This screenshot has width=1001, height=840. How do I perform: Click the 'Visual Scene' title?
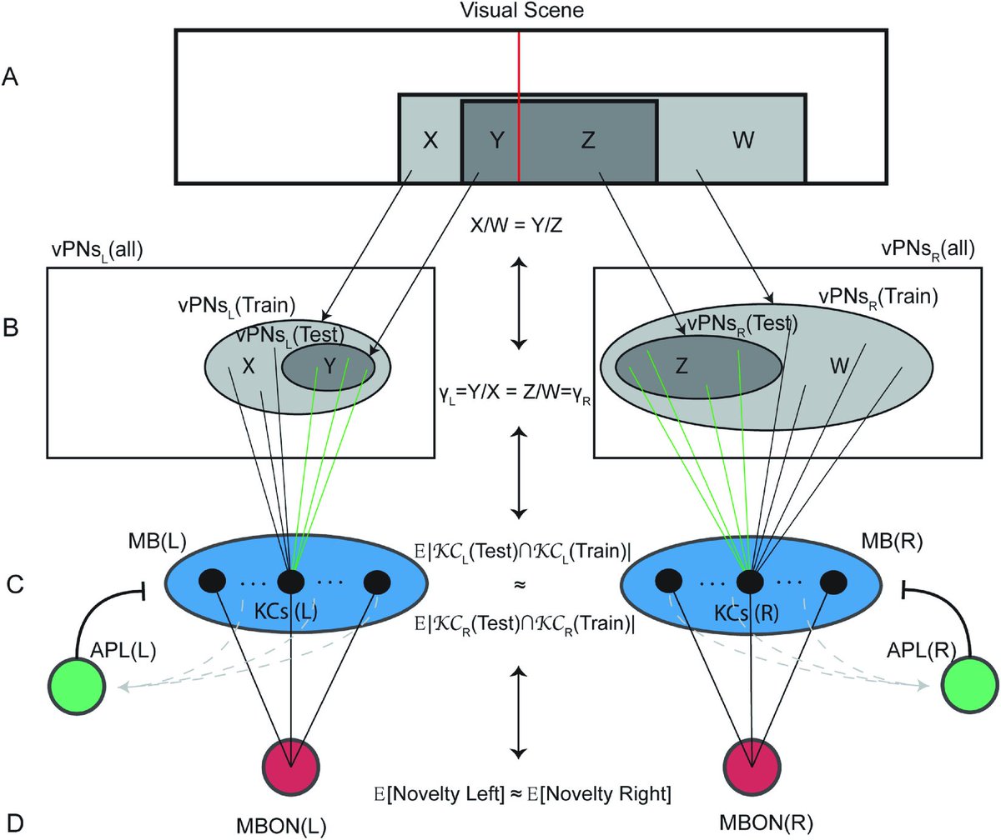coord(522,10)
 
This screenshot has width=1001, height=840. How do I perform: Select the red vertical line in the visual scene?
coord(518,107)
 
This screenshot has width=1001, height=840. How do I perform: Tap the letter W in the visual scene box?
coord(743,140)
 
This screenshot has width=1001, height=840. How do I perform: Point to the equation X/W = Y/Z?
coord(516,225)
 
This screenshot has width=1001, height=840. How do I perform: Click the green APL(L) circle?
coord(77,686)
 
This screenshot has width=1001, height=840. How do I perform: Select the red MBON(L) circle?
coord(291,767)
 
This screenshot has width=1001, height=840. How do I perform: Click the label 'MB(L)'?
coord(158,541)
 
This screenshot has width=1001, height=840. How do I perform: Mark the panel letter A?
coord(10,77)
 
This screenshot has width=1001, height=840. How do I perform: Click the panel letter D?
coord(14,823)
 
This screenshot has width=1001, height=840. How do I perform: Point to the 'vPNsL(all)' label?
coord(98,250)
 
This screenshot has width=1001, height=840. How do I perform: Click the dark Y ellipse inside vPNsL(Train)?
coord(329,367)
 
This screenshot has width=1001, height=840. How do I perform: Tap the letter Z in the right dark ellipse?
coord(682,367)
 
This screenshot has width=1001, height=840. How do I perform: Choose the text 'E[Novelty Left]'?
coord(439,794)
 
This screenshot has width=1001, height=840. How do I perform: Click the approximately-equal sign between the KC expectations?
coord(520,585)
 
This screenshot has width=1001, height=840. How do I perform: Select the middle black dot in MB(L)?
coord(291,582)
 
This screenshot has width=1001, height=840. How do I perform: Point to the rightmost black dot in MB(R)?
coord(833,582)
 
